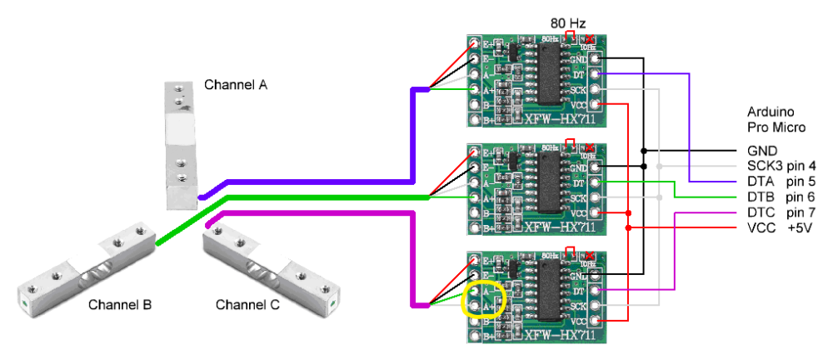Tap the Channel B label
tap(120, 305)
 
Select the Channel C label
tap(247, 305)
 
